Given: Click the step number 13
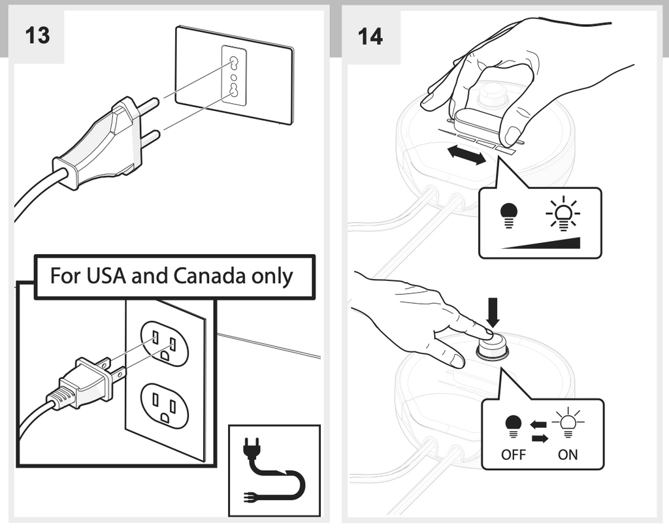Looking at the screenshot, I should (x=37, y=35).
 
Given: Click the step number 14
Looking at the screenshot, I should (x=370, y=36).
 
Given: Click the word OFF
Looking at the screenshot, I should (x=514, y=455).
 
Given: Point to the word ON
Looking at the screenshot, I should (x=568, y=455).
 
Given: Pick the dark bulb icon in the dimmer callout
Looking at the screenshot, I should (x=508, y=214).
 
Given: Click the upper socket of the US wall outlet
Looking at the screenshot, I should (x=165, y=343).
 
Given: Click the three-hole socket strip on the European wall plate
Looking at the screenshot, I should (x=234, y=75).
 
